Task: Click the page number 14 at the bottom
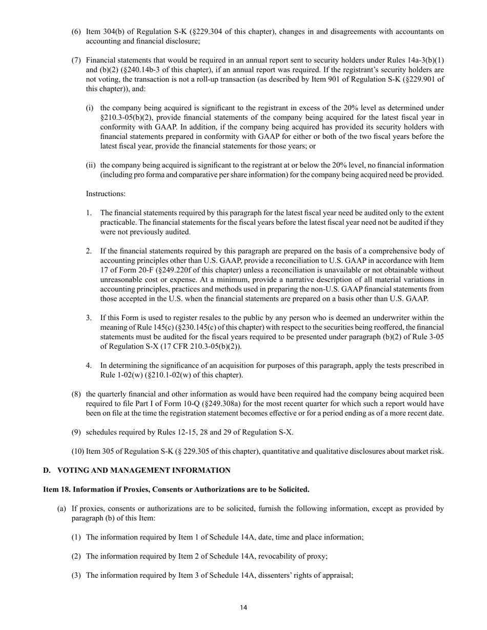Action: point(243,607)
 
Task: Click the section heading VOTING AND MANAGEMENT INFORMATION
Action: point(144,470)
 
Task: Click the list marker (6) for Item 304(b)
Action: point(76,32)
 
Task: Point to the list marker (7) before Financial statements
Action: point(76,60)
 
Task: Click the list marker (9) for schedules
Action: point(76,432)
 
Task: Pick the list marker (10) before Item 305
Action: point(78,451)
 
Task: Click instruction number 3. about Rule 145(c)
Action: point(89,318)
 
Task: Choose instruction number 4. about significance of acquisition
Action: point(89,365)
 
